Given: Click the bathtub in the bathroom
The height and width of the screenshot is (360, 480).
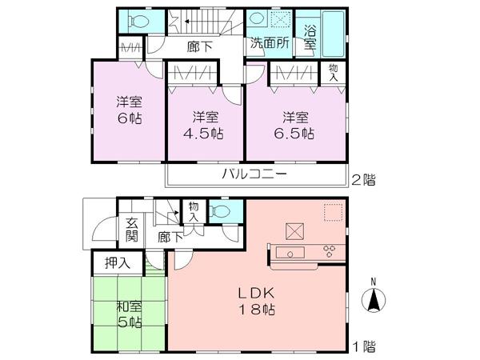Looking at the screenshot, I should coord(334,32).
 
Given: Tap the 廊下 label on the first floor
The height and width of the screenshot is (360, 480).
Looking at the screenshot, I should coord(169,237).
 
